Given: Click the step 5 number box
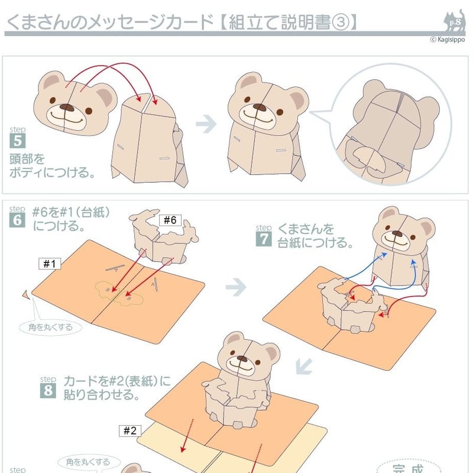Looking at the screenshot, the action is point(18,141).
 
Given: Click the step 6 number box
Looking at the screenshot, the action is point(17,220).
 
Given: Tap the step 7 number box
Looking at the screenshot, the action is point(264,239).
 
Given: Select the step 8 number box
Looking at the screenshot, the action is point(48,390).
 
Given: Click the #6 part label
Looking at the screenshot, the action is point(170,220).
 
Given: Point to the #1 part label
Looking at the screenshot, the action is point(50,264).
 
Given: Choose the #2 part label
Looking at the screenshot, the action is point(130,430).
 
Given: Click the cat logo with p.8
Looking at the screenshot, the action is point(455,21).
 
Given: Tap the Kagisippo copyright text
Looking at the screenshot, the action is point(448,40).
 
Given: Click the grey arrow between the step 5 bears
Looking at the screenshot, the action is point(206,124).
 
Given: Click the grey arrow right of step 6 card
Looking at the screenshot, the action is point(236,287).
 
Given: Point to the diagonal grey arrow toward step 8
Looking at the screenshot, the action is point(304,366).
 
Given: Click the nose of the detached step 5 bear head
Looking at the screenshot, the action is point(67,108).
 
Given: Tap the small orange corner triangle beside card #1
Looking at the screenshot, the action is point(26,294).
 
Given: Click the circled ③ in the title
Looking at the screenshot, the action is point(341,22).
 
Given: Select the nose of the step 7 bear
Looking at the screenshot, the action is point(397,234).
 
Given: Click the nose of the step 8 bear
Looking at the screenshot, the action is point(242,358).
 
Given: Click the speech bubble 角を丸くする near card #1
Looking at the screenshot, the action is point(50,328).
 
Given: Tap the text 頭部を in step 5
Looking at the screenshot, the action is point(27,159).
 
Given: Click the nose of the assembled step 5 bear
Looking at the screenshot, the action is point(260,107).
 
